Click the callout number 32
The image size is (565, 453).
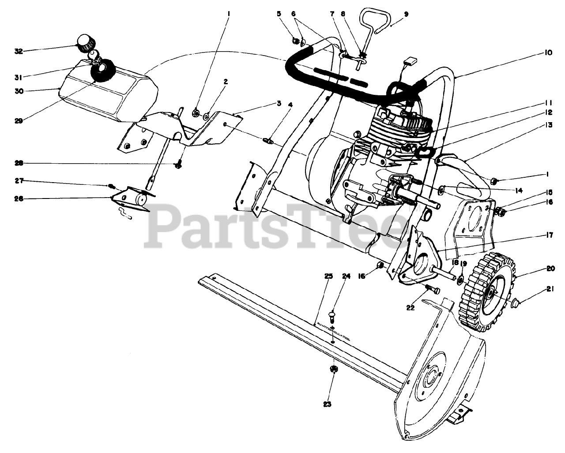click(18, 51)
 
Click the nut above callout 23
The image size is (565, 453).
click(334, 369)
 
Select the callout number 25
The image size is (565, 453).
click(328, 277)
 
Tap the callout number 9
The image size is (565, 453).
click(406, 14)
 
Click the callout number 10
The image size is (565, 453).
click(547, 52)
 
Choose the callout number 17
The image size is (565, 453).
click(549, 235)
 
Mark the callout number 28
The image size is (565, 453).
click(18, 164)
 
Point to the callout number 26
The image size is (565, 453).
click(18, 199)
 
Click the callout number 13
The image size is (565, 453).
click(547, 125)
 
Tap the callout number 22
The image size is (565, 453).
click(410, 307)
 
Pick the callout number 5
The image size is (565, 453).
click(279, 14)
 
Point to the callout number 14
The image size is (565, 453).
click(518, 191)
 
